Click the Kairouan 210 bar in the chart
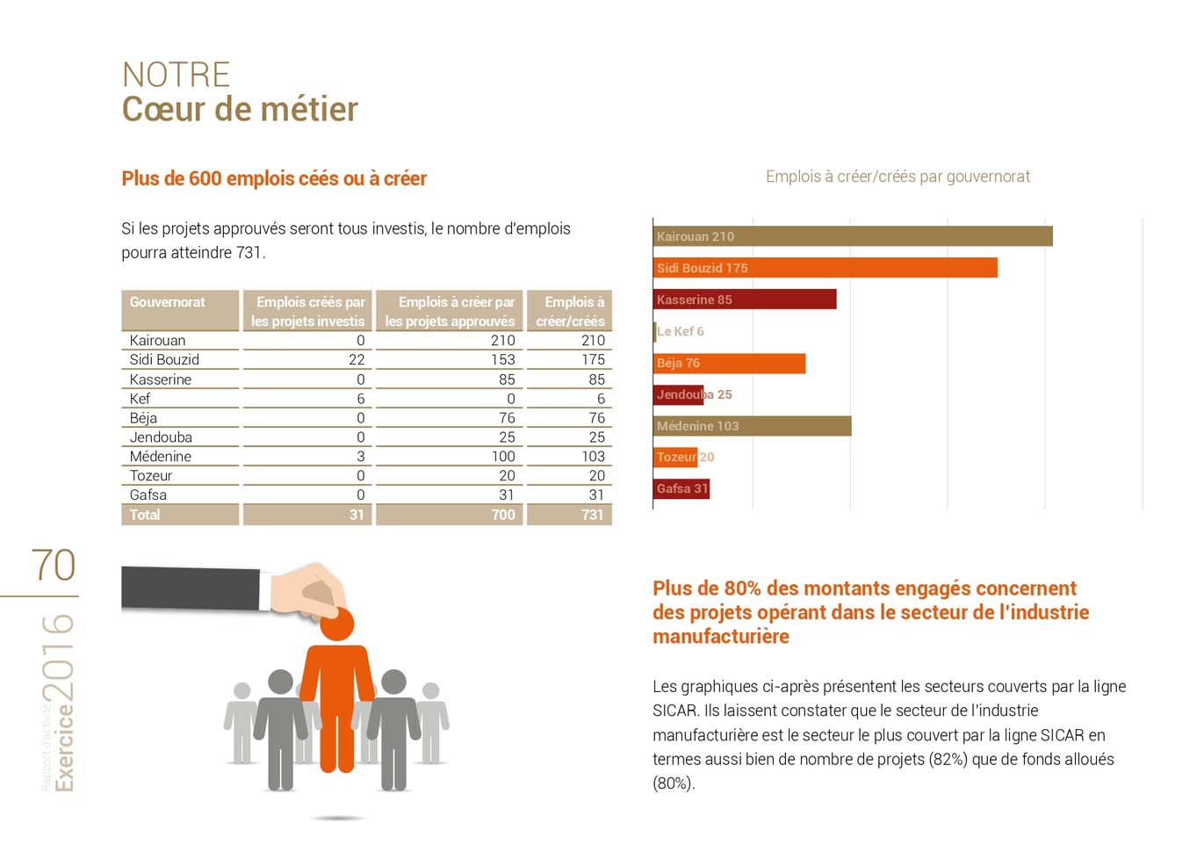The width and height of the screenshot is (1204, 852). (852, 236)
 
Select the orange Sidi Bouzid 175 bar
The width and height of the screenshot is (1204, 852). (825, 268)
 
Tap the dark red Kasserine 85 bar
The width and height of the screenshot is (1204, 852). (745, 300)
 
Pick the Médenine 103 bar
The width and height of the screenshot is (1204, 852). (753, 426)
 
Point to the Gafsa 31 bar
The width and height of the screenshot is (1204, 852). (681, 488)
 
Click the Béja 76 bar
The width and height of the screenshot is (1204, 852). (729, 363)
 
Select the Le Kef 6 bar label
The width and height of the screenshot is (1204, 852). (680, 331)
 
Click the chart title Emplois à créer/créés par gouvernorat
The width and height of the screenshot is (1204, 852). (898, 177)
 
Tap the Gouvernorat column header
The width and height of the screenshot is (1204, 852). (168, 302)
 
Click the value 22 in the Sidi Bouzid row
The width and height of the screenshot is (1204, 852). (356, 359)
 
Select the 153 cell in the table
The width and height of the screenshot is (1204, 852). (502, 359)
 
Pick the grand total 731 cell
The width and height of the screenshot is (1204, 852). (592, 515)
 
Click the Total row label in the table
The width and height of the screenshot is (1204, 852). (145, 515)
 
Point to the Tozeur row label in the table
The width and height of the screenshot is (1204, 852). (151, 475)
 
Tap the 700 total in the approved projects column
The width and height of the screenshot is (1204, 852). (502, 515)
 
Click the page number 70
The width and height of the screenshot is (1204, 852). (53, 566)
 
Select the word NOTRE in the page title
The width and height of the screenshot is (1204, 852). (176, 75)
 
